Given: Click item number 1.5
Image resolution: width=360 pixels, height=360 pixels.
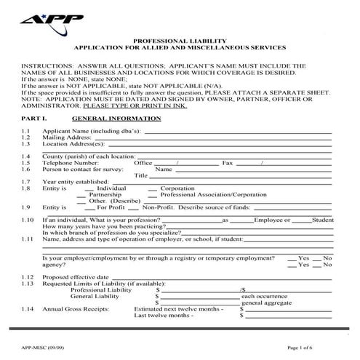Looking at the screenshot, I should pyautogui.click(x=26, y=163).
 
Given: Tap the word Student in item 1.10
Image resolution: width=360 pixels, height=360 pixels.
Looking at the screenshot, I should pyautogui.click(x=322, y=220).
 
